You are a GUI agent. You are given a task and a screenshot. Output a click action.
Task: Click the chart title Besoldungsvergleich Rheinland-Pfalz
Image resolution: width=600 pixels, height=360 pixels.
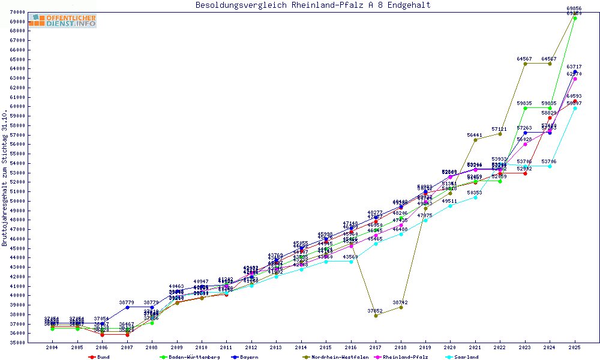(x=313, y=5)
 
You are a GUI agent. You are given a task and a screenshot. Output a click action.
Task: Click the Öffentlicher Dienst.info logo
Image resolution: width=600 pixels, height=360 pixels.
(x=62, y=21)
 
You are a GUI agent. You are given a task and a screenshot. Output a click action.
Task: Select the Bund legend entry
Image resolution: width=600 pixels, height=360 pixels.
(x=103, y=357)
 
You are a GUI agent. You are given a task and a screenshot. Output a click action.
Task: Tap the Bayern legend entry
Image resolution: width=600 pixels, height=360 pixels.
(x=248, y=357)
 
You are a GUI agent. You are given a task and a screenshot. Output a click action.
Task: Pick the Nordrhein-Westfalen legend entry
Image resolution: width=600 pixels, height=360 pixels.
(x=340, y=357)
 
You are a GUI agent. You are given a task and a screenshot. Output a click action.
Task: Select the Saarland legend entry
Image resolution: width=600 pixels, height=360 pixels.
(x=466, y=357)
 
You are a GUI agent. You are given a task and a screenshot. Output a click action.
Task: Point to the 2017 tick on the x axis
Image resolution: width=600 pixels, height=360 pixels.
(x=376, y=347)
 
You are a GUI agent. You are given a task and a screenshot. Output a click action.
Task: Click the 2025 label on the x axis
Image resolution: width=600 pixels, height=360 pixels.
(x=575, y=347)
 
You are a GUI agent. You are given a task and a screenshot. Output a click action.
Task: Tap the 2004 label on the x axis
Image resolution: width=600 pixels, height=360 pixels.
(x=52, y=347)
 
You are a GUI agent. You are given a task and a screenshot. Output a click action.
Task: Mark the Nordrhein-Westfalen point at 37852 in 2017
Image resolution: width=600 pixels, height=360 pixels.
(x=376, y=316)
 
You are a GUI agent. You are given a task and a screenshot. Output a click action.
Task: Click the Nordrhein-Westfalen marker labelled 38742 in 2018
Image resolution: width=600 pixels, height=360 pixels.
(x=401, y=307)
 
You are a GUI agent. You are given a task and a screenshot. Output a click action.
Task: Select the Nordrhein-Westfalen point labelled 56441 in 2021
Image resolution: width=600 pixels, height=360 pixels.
(x=475, y=140)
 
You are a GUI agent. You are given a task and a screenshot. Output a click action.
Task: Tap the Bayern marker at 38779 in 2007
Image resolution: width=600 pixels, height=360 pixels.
(x=127, y=307)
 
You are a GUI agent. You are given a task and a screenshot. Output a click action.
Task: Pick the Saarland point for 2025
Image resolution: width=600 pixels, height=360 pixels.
(x=575, y=108)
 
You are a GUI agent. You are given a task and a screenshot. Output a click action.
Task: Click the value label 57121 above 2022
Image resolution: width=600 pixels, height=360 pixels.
(x=500, y=129)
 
